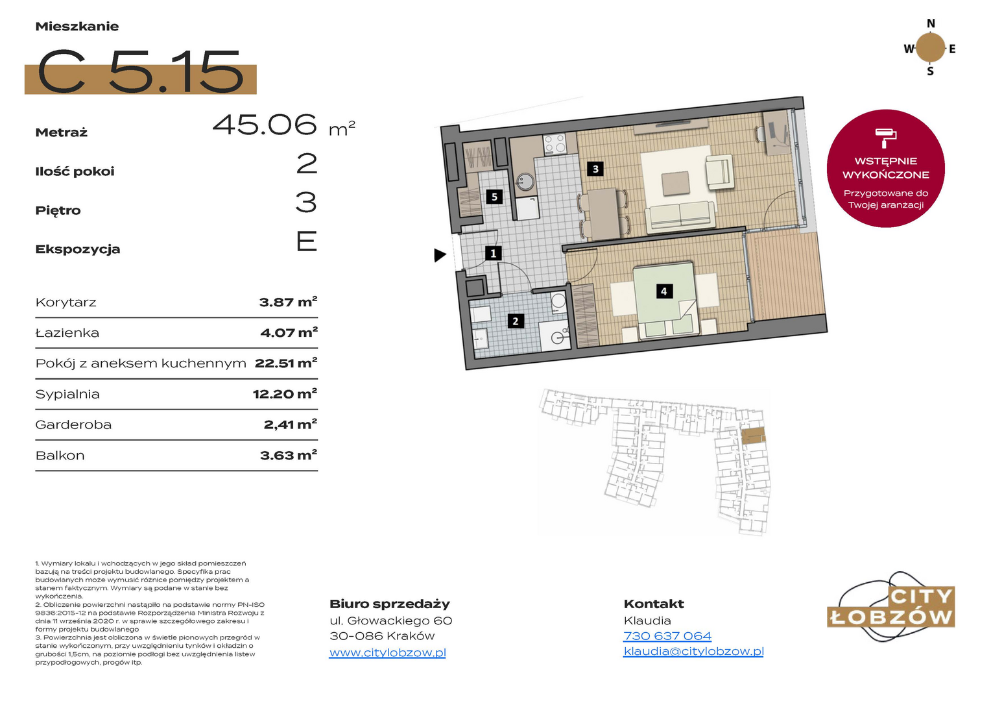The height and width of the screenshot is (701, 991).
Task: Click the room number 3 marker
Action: coord(595,169)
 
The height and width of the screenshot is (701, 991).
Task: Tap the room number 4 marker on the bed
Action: coord(663,291)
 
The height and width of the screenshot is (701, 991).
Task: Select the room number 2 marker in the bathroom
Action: coord(516,321)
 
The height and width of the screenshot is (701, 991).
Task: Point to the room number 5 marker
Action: coord(494,197)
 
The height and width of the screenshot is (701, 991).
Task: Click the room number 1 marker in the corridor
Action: coord(494,253)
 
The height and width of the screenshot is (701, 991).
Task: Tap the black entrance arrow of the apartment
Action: coord(440,255)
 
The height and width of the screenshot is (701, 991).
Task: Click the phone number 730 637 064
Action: coord(667,636)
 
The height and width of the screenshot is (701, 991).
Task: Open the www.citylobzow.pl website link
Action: coord(388,652)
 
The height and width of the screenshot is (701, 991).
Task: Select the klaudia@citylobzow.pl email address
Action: coord(693,651)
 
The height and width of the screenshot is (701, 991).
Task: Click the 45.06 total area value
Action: coord(265,125)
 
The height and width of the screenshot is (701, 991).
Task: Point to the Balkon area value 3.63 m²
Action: coord(289,455)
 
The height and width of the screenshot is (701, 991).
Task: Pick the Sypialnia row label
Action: coord(67,394)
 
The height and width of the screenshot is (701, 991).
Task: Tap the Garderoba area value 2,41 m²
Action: coord(290,424)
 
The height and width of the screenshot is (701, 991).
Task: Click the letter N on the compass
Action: coord(931,23)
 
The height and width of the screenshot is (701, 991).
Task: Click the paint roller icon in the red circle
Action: coord(886,138)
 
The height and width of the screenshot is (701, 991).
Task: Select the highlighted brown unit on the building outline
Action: coord(753,436)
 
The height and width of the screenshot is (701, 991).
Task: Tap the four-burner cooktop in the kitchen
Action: coord(555,144)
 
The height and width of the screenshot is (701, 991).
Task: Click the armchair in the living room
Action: coord(719,171)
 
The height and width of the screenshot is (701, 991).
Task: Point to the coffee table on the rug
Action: coord(675,183)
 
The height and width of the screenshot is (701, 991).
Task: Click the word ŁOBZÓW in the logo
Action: coord(890,617)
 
